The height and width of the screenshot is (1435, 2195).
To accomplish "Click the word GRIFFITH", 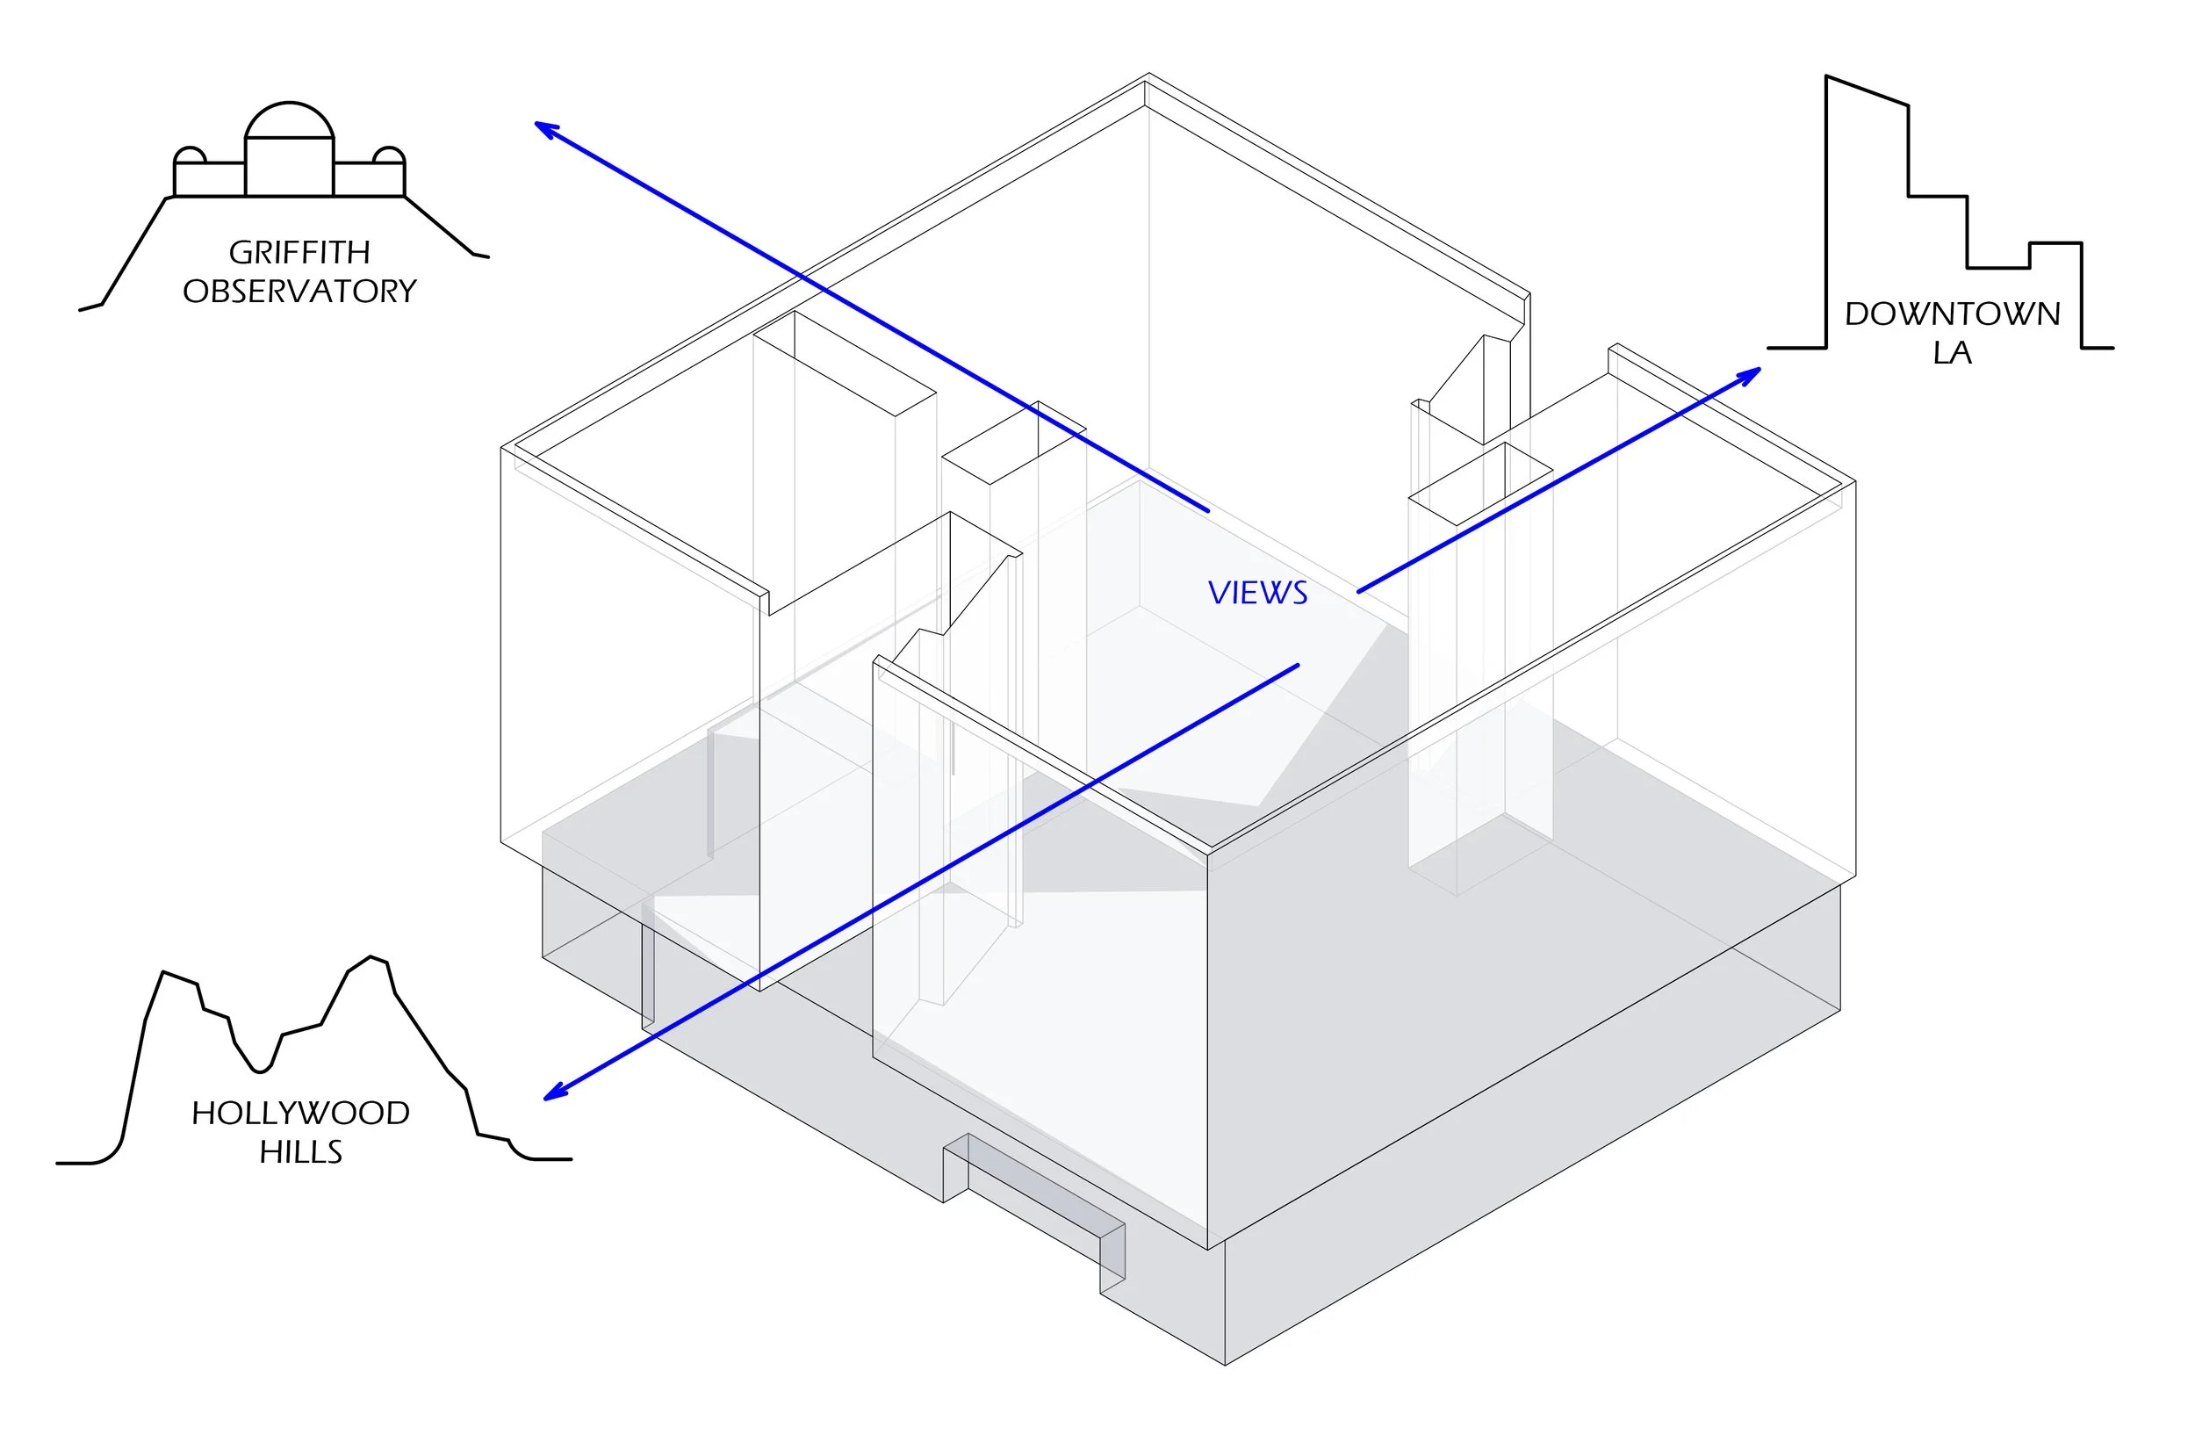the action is [299, 252].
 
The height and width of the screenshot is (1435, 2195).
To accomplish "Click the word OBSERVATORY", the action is [299, 292].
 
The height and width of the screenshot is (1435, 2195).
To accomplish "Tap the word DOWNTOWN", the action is [1953, 314].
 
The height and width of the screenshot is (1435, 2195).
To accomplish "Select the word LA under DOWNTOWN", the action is [1953, 352].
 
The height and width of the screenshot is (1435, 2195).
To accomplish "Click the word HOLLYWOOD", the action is [300, 1114].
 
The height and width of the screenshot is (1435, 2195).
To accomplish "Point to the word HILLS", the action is [300, 1152].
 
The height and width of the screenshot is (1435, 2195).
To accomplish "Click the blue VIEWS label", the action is [1258, 593].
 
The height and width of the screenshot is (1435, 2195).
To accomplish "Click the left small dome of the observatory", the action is [190, 154].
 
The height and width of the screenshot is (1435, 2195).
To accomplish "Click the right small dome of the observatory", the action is [388, 154].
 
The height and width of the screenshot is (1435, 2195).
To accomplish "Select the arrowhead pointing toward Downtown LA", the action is [1749, 374].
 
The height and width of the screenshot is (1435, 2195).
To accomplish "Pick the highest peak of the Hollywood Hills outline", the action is [371, 957].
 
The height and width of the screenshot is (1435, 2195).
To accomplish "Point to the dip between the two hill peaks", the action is [260, 1071].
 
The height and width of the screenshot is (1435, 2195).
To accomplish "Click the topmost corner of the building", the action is [1148, 74].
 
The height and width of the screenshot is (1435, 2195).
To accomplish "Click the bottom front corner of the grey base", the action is [1225, 1364].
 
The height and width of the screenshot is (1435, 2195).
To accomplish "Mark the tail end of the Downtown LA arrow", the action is [1358, 591].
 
